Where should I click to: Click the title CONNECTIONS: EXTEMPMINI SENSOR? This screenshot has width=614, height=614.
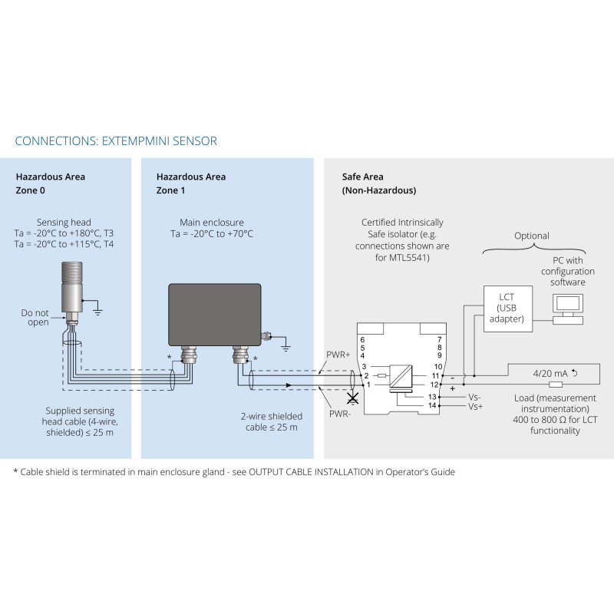(x=116, y=141)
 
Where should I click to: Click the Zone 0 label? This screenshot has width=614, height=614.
(x=31, y=190)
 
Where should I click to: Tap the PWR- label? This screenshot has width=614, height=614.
(x=340, y=413)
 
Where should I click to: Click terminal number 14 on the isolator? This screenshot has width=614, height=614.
(x=432, y=405)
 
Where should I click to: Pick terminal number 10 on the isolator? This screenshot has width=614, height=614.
(x=437, y=367)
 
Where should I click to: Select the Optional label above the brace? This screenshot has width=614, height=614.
(x=532, y=236)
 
